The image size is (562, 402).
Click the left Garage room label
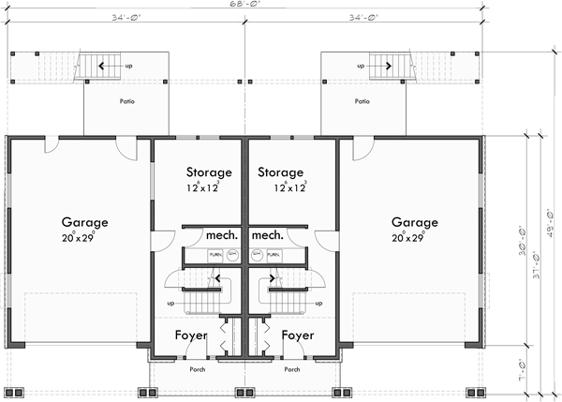pyautogui.click(x=85, y=223)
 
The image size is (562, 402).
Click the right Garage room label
pyautogui.click(x=415, y=223)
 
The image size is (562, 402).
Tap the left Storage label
pyautogui.click(x=208, y=172)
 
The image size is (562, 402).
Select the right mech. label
pyautogui.click(x=268, y=234)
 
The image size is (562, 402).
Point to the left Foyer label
pyautogui.click(x=191, y=335)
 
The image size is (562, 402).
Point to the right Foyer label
pyautogui.click(x=298, y=335)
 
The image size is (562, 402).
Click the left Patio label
pyautogui.click(x=126, y=100)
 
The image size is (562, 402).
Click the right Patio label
pyautogui.click(x=362, y=100)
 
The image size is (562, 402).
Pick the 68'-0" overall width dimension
pyautogui.click(x=249, y=5)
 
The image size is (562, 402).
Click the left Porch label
pyautogui.click(x=197, y=369)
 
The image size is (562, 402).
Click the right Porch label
pyautogui.click(x=292, y=369)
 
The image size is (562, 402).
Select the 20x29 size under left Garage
pyautogui.click(x=85, y=238)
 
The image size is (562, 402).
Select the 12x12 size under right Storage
pyautogui.click(x=289, y=187)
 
